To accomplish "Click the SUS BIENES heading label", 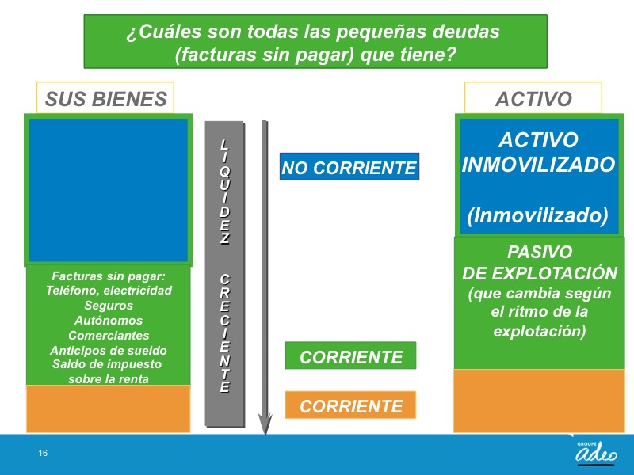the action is pos(105,98).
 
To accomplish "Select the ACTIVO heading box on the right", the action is pos(533,98).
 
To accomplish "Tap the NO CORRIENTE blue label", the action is pos(349,167).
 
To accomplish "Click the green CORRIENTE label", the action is pos(350,355).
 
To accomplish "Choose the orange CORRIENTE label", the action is pos(350,405).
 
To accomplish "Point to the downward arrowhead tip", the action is pos(265,434).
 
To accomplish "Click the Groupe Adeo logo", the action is pos(597,452).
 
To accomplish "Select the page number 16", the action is pos(43,453).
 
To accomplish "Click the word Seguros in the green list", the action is pos(109,306).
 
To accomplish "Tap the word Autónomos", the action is pos(109,321).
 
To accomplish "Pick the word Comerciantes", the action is pos(109,335).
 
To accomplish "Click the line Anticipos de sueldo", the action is pos(109,350).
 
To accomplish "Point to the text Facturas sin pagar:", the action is pos(109,276).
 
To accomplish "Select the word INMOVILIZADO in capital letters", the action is pos(538,165).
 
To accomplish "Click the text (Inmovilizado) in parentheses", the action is pos(538,215).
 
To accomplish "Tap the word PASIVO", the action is pos(540,252).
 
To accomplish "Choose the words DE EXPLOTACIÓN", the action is pos(540,273).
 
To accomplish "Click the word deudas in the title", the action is pos(466,32).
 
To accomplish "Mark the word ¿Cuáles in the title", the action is pos(163,32).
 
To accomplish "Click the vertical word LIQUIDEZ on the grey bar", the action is pos(225,192).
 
